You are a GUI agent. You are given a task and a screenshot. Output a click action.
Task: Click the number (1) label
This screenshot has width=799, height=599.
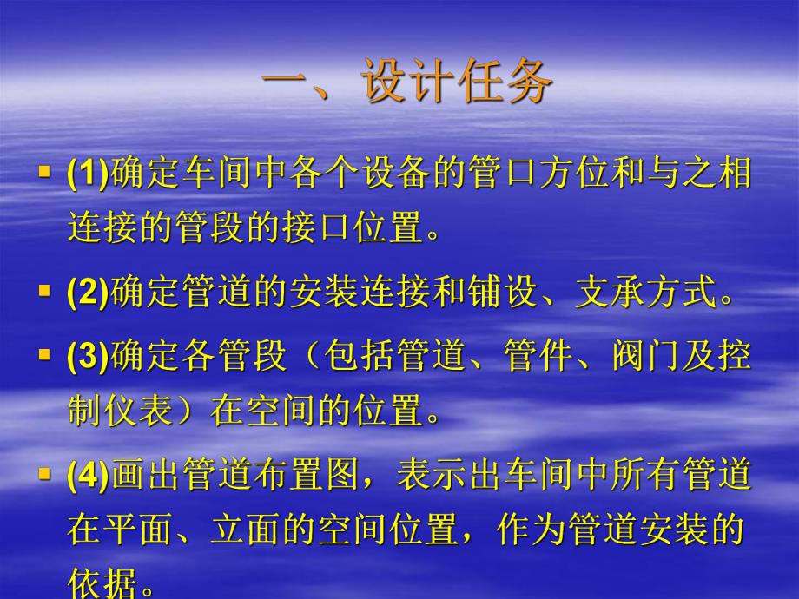pyautogui.click(x=87, y=174)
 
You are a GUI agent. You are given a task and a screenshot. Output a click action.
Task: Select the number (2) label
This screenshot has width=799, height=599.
pyautogui.click(x=87, y=294)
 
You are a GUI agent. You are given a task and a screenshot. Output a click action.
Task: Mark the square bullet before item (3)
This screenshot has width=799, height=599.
pyautogui.click(x=45, y=355)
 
